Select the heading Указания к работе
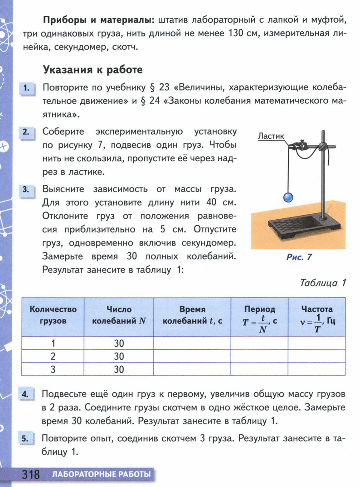point(92,70)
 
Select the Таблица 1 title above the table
point(323,283)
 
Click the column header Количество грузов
point(53,315)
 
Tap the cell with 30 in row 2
point(119,356)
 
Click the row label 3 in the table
point(53,369)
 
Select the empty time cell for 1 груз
point(192,343)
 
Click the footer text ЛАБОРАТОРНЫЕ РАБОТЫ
point(101,475)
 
